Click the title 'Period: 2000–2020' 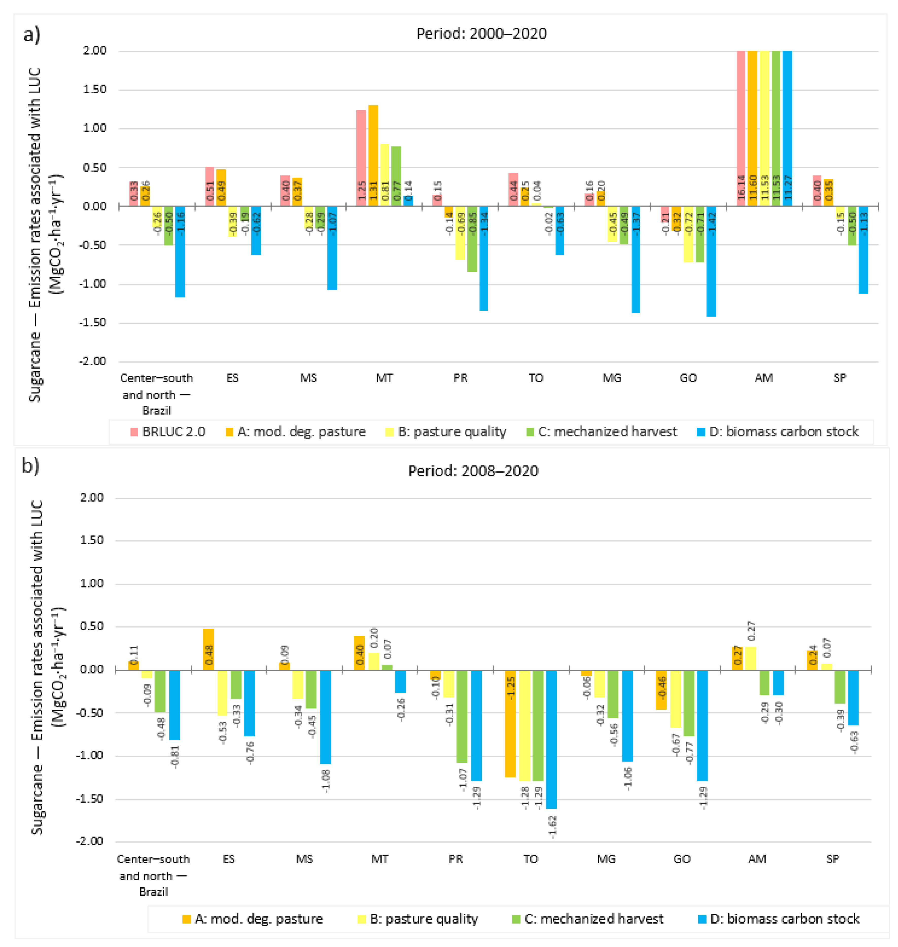coord(481,34)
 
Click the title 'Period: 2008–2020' coord(473,471)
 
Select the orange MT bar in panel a coord(373,156)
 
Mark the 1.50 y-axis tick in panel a coord(95,90)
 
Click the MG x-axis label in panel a coord(612,378)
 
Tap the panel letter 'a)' coord(32,35)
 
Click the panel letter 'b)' coord(31,466)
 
